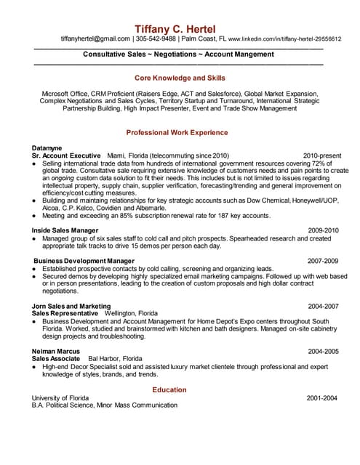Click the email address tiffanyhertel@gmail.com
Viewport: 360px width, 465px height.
click(x=95, y=39)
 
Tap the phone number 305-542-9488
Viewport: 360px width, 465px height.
click(x=157, y=39)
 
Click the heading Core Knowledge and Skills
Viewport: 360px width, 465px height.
click(x=180, y=77)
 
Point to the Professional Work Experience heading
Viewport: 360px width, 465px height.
click(x=177, y=133)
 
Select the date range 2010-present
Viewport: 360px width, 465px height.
click(x=322, y=155)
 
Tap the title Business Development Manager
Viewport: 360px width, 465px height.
click(x=84, y=260)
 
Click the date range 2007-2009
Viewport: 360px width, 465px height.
click(x=324, y=260)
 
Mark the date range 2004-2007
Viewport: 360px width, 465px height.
click(x=324, y=307)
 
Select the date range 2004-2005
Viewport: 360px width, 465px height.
click(x=324, y=351)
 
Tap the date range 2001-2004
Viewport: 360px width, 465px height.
click(x=322, y=398)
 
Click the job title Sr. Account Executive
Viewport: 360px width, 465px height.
click(x=66, y=155)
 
